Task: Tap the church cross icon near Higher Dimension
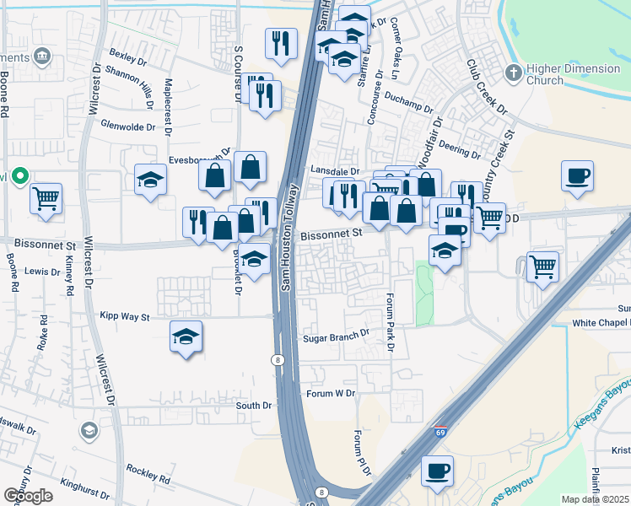(512, 73)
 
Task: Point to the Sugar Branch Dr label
(336, 335)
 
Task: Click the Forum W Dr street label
(332, 393)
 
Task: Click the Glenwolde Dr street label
(127, 126)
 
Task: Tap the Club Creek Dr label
(487, 88)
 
